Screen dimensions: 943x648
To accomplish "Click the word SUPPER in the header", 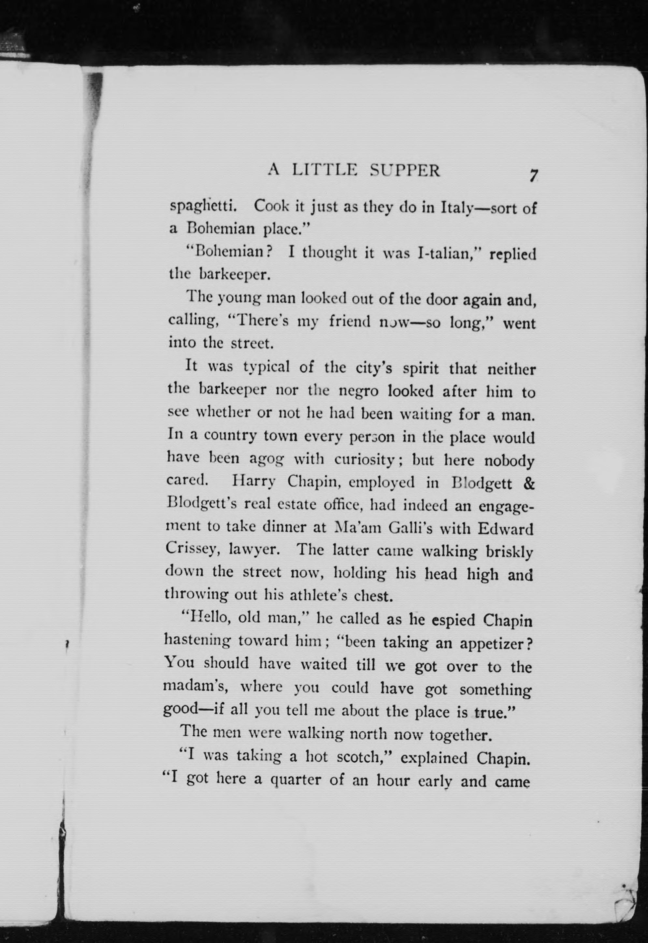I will pos(405,171).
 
